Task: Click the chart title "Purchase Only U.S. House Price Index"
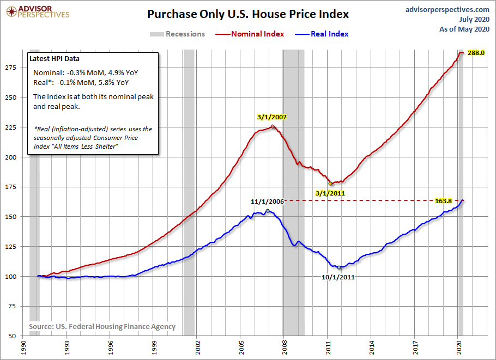[248, 14]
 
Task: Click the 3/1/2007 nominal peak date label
[271, 117]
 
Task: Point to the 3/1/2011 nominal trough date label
[330, 192]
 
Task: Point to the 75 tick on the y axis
[15, 306]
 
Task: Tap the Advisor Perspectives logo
[37, 11]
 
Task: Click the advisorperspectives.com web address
[448, 10]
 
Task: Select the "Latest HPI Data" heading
[56, 59]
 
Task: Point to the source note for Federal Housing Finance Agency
[102, 326]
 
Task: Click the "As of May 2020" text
[464, 29]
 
